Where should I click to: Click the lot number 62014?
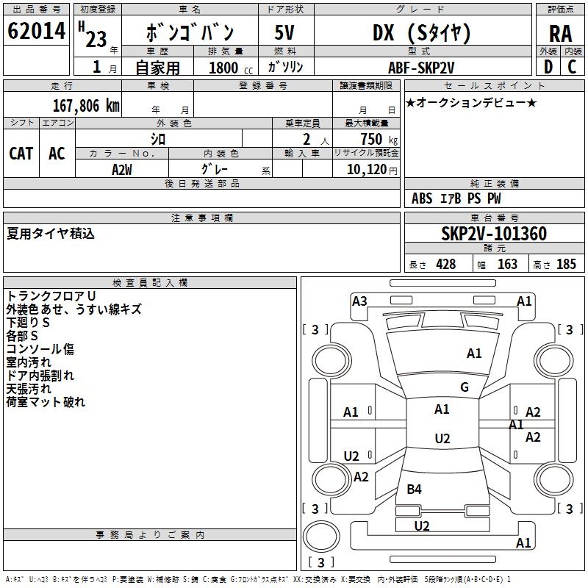36,31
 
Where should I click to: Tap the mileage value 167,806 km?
86,105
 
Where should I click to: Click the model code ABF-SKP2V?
421,67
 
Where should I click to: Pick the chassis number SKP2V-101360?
493,234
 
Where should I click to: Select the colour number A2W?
122,169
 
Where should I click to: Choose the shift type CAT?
21,153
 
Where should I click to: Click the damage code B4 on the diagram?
414,489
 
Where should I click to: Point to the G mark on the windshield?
464,387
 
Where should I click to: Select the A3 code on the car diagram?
359,301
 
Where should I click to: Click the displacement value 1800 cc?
227,68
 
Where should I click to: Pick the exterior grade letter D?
548,67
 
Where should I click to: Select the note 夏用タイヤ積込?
51,234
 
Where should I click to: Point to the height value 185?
566,264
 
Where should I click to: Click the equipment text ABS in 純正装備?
422,198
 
